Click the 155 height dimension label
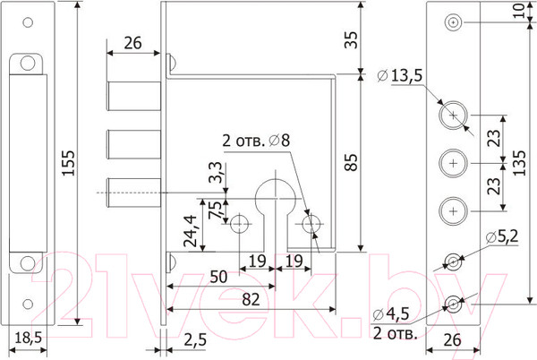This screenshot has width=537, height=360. (x=68, y=163)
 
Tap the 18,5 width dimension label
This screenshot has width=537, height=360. (x=28, y=339)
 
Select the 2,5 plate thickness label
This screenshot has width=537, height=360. (x=195, y=339)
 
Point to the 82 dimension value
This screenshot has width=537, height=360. (x=251, y=300)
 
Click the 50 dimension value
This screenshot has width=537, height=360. (x=218, y=277)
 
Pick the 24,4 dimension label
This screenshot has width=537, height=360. (x=191, y=231)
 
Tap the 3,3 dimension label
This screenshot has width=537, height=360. (x=216, y=173)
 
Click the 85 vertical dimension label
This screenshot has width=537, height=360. (x=352, y=162)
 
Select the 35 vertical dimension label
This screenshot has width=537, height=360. (x=352, y=39)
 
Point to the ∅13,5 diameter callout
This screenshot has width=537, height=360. (x=400, y=75)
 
